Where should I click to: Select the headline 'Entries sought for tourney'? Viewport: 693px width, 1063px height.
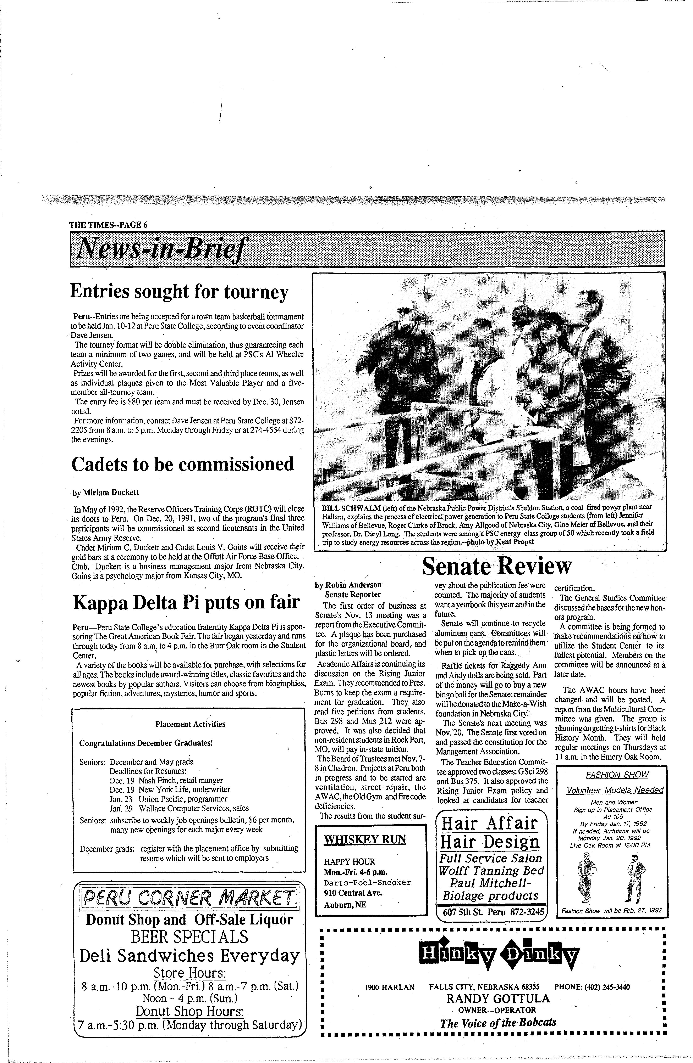179,292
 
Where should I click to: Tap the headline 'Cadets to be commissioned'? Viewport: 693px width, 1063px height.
182,464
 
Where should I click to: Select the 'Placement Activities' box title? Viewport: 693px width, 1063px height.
190,724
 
